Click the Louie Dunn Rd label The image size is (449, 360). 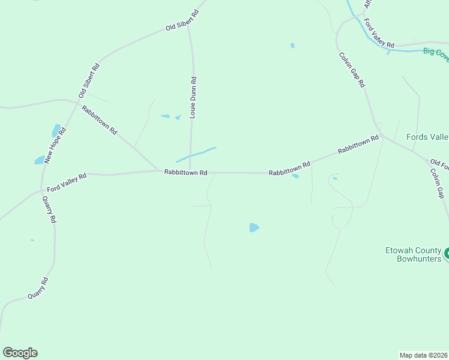[x=193, y=97]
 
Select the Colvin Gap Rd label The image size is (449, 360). [x=352, y=70]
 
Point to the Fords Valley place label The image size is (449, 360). [x=427, y=137]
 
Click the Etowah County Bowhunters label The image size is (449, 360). [x=413, y=254]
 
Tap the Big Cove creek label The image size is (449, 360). [x=436, y=52]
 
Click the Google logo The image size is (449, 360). [x=20, y=353]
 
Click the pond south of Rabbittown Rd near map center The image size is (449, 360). [x=254, y=227]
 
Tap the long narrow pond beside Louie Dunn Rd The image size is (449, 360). [x=196, y=154]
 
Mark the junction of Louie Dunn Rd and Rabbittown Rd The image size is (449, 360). [x=190, y=172]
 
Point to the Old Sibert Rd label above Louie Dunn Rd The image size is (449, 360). [x=182, y=20]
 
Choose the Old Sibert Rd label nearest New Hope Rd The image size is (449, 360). [x=89, y=80]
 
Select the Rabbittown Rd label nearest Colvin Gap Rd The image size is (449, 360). [x=358, y=144]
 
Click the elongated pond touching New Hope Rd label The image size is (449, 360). [x=56, y=130]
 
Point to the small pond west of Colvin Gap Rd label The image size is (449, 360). [x=292, y=45]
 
